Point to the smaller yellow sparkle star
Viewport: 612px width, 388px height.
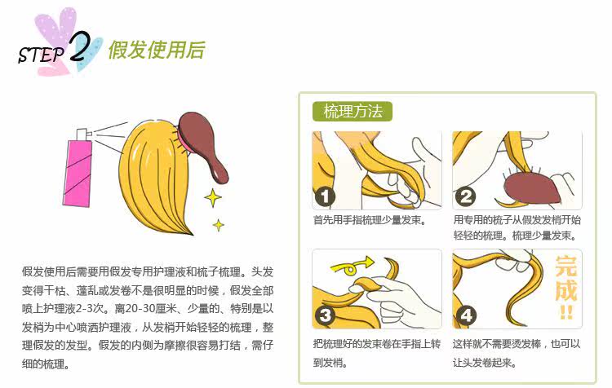219,224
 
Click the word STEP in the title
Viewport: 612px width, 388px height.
42,55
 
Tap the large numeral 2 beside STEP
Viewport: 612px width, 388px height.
81,48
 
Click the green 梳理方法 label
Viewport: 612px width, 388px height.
353,112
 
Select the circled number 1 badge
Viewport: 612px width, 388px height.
325,196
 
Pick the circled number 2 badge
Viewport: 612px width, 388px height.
466,196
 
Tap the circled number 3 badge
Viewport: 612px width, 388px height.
325,315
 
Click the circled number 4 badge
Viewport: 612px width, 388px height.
466,315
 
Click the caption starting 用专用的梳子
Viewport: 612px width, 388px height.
517,227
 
